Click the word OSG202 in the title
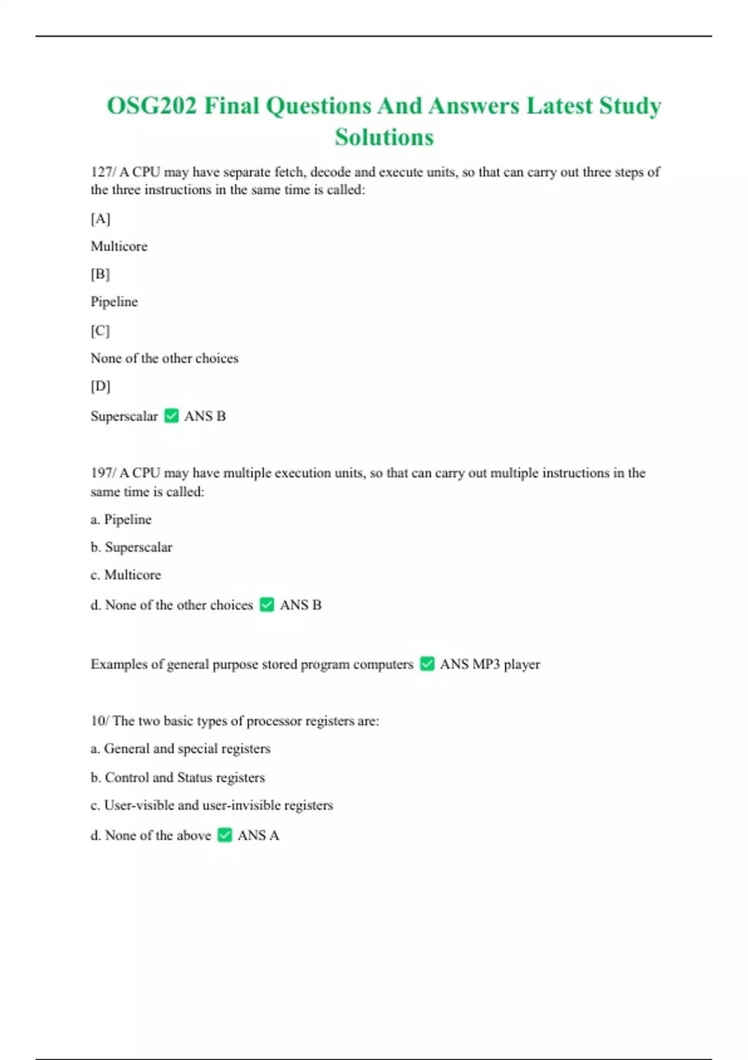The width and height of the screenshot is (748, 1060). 151,106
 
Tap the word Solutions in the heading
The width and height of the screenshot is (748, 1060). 384,137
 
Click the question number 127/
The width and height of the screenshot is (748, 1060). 103,172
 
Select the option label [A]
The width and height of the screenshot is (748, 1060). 100,219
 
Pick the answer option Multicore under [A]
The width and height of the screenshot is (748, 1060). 119,246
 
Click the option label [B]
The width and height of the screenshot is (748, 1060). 100,274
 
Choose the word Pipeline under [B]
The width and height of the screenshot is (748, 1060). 114,302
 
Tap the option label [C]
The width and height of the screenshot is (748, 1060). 100,330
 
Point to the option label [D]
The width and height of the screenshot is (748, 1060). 100,387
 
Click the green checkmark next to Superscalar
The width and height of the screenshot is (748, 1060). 171,416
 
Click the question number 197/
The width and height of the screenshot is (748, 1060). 103,473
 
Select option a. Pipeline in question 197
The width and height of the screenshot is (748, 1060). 121,519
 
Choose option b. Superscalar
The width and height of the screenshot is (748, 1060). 132,547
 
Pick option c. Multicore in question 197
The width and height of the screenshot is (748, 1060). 126,575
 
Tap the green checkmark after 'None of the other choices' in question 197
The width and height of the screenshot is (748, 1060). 267,605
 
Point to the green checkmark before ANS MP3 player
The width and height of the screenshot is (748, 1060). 427,664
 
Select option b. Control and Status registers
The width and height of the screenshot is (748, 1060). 178,778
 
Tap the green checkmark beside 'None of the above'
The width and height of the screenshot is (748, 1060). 225,836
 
